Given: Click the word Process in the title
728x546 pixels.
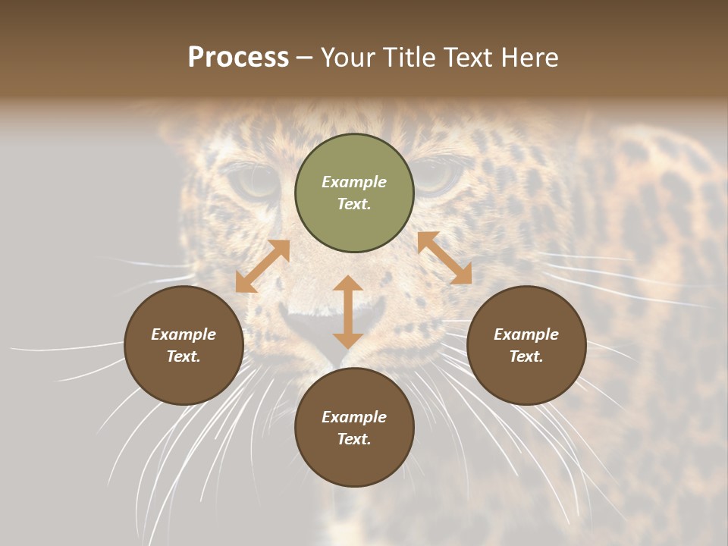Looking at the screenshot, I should click(238, 58).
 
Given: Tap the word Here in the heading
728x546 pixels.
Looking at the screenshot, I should click(529, 58).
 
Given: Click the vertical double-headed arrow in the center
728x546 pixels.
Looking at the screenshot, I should click(348, 312).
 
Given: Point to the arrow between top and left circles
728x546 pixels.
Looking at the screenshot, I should click(262, 266).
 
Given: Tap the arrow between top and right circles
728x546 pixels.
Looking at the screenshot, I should click(444, 258).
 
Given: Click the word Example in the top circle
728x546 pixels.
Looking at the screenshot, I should click(354, 182).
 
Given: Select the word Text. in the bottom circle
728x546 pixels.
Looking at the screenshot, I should click(354, 439).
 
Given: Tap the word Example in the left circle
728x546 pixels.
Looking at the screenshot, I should click(184, 334).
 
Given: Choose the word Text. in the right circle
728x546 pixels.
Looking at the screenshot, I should click(526, 356).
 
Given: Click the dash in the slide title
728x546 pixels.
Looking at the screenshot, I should click(304, 58).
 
